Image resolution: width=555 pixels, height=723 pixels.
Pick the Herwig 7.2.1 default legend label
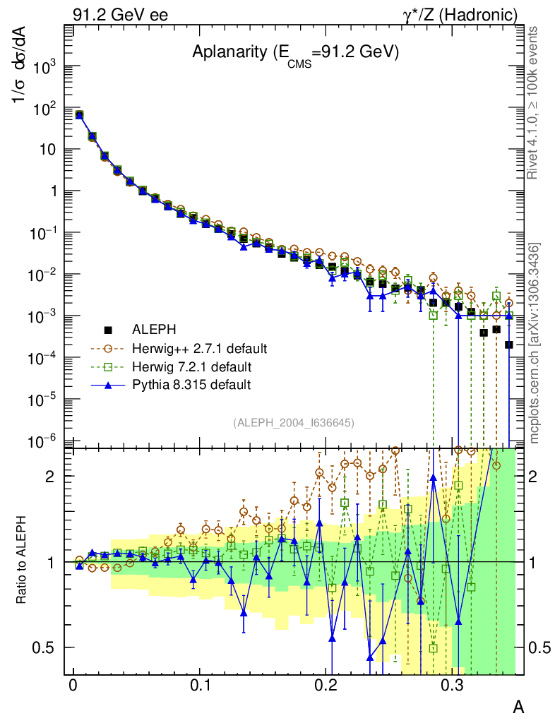(191, 367)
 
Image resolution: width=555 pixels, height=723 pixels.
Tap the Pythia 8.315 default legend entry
(191, 385)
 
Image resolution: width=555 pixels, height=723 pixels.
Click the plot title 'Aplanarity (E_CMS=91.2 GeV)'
(296, 52)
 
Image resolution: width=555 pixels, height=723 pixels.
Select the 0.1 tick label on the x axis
(200, 685)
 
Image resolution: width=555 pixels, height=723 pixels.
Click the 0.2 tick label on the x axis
(326, 685)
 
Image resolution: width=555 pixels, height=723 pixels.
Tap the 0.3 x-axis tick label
(452, 685)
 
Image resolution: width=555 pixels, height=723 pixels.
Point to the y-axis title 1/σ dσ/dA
(21, 71)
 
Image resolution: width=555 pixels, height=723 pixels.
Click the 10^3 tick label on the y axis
(44, 68)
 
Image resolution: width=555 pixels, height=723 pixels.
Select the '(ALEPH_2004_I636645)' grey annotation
(293, 422)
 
